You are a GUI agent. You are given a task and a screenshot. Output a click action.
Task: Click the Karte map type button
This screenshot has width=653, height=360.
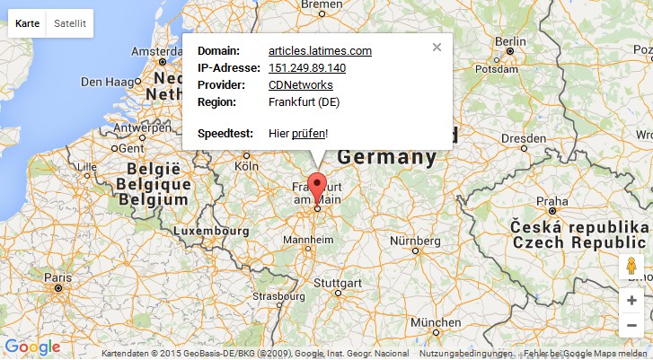point(27,24)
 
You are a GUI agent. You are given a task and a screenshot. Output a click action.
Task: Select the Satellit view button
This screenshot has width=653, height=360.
point(69,24)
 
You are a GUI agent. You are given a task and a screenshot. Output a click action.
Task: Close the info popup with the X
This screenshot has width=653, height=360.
point(437,48)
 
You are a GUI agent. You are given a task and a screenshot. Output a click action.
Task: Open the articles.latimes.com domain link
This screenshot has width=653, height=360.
point(320,51)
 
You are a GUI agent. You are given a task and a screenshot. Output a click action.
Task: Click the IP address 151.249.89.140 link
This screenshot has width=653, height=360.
point(307,68)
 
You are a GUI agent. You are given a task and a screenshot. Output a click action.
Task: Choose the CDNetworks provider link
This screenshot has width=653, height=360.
point(300,85)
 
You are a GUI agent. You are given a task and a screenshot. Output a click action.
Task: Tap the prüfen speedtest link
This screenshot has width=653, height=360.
point(308,134)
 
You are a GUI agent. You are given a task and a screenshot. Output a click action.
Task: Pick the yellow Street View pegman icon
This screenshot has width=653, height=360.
point(631,267)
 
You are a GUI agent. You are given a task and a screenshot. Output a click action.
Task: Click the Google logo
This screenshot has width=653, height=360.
point(32,347)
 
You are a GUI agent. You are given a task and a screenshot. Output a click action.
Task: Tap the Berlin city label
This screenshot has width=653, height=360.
point(510,41)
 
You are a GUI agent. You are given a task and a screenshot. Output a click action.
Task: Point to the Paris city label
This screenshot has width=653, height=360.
point(58,277)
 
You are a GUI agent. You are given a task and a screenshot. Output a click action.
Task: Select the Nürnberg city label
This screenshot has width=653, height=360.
point(415,241)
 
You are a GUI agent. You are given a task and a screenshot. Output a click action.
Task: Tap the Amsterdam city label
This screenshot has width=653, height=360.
point(159,51)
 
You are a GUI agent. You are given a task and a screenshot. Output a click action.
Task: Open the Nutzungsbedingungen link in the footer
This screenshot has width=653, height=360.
point(464,354)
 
